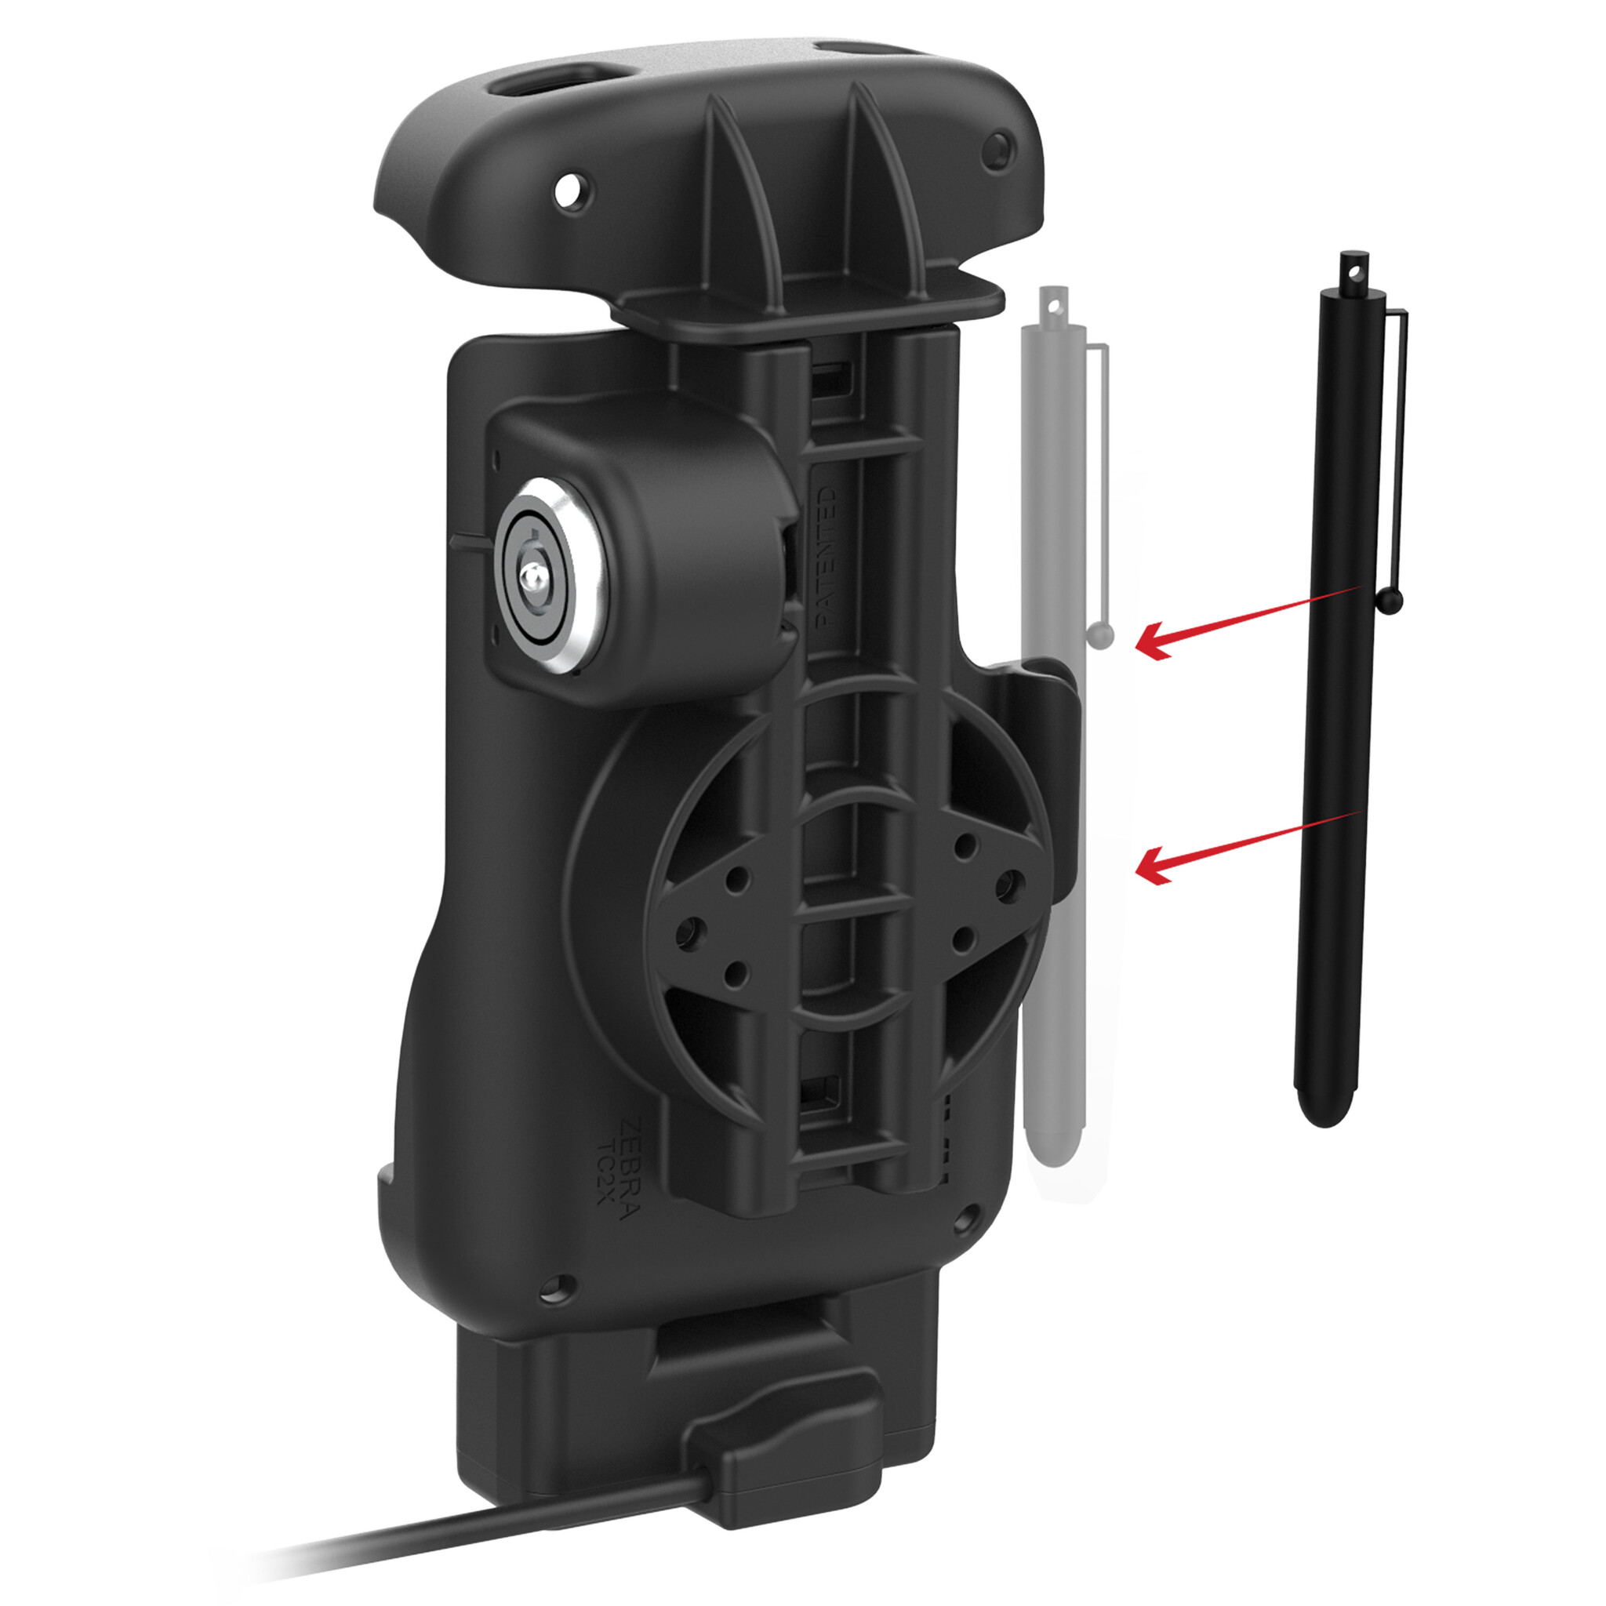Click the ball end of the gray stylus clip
pyautogui.click(x=1099, y=637)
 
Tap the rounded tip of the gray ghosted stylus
pyautogui.click(x=1053, y=1151)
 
